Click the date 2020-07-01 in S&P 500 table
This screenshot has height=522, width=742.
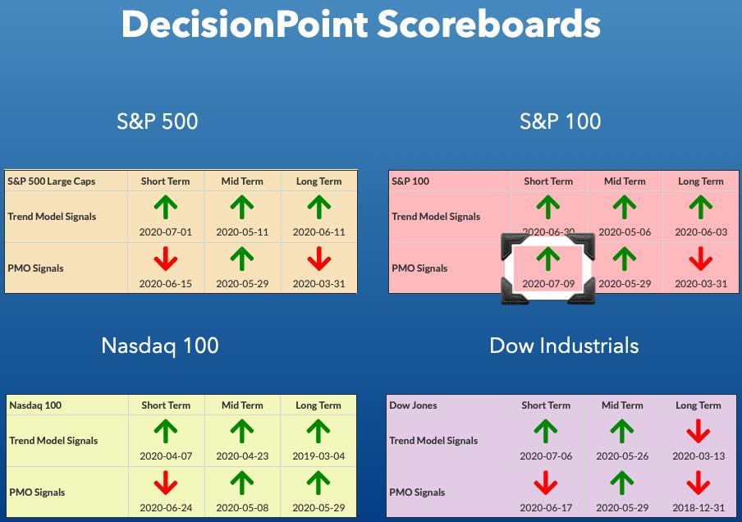(x=166, y=232)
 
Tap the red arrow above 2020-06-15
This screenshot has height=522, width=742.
(x=166, y=259)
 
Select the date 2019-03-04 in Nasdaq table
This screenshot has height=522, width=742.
(x=318, y=456)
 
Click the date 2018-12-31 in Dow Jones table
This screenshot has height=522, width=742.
(x=698, y=508)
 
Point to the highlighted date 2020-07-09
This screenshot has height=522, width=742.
(x=548, y=284)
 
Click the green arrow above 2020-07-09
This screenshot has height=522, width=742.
(x=548, y=259)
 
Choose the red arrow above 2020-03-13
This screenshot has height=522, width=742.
(x=698, y=431)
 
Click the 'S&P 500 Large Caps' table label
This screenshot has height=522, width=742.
(x=52, y=181)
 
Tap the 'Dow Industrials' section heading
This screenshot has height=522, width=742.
(x=564, y=346)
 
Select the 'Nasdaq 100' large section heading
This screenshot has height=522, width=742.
(x=160, y=346)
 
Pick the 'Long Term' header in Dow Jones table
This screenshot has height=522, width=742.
(x=698, y=405)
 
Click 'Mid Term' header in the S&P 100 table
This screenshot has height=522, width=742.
(x=625, y=181)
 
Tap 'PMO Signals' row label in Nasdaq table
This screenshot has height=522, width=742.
(x=37, y=492)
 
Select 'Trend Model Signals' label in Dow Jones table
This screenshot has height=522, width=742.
(x=433, y=441)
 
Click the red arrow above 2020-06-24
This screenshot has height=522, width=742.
(x=166, y=483)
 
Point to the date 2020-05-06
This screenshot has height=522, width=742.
(x=625, y=232)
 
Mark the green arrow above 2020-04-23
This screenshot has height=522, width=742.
(x=242, y=431)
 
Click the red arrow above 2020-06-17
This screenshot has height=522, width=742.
(x=546, y=483)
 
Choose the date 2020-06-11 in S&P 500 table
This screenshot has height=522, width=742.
(x=319, y=232)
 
